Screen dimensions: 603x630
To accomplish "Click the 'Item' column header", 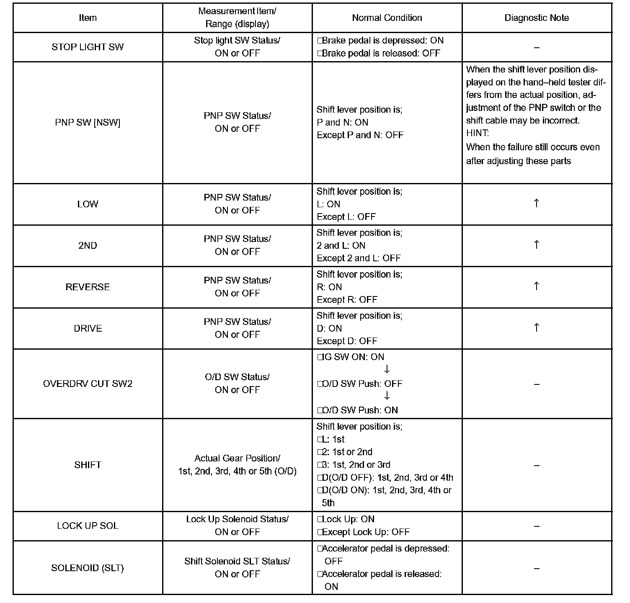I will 88,18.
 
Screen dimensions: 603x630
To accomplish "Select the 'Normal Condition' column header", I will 387,18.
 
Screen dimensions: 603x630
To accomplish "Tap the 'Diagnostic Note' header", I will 537,18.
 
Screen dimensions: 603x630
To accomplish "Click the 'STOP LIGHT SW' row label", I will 88,47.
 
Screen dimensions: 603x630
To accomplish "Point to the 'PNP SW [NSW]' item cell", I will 88,122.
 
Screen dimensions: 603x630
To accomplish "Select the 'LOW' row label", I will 88,204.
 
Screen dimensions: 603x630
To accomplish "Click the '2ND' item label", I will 88,245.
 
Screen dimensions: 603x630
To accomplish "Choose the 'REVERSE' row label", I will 88,287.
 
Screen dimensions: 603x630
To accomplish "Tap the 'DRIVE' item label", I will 88,328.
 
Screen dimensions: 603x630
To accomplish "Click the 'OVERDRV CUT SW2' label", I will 88,384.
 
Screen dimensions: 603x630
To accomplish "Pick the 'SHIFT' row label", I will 88,465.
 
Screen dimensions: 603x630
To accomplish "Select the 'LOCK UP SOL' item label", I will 88,526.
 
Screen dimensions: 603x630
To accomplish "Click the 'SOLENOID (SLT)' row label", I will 88,568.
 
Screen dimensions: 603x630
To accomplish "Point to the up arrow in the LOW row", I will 536,204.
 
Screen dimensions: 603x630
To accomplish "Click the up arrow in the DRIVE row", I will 536,327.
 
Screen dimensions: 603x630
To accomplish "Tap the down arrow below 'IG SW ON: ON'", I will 387,369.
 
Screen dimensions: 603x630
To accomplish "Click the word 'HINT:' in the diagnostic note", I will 477,133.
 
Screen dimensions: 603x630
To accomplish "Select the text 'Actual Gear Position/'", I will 237,458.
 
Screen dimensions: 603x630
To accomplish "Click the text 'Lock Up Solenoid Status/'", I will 237,519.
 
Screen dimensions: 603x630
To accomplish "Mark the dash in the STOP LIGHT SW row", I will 537,48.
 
